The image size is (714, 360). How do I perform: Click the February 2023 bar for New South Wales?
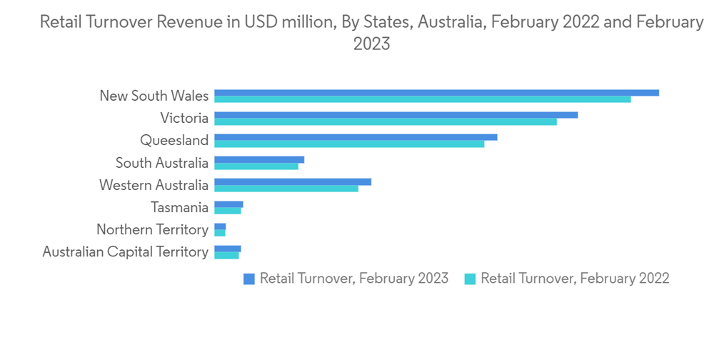click(x=436, y=93)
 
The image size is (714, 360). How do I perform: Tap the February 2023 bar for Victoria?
click(x=396, y=115)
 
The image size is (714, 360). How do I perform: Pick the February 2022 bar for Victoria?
click(x=386, y=121)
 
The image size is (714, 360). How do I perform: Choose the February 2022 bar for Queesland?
click(x=349, y=144)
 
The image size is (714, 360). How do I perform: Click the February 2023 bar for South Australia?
click(x=259, y=159)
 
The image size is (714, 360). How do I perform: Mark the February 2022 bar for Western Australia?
click(x=286, y=189)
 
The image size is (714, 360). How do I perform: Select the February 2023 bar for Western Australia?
click(x=293, y=182)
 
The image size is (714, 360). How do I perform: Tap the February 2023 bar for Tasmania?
click(x=228, y=204)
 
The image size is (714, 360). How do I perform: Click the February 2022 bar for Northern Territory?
click(x=220, y=233)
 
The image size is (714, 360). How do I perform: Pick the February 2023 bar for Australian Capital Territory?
click(x=228, y=249)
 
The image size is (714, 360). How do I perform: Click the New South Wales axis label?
click(x=154, y=96)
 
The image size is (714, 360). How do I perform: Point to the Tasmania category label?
click(x=180, y=207)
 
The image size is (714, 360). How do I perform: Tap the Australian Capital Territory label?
click(x=126, y=251)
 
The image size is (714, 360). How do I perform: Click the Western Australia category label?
click(x=154, y=185)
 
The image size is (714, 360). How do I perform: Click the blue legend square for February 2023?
click(x=249, y=279)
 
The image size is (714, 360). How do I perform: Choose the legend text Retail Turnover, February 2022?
click(x=575, y=279)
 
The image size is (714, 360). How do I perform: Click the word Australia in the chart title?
click(x=451, y=22)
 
